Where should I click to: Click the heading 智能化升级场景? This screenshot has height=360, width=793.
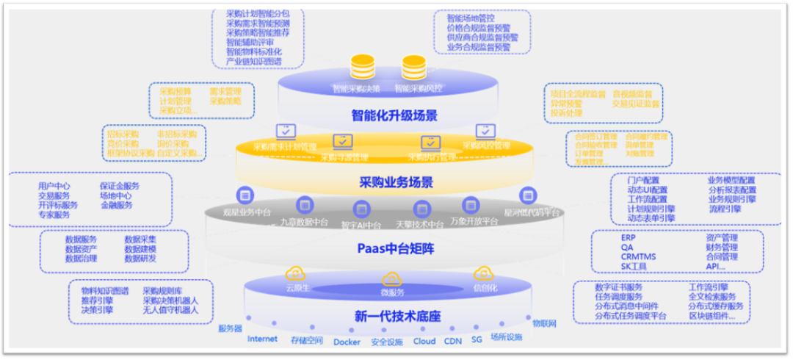tap(394, 115)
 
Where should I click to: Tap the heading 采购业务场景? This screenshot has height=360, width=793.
tap(395, 182)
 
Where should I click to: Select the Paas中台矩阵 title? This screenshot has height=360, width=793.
tap(395, 248)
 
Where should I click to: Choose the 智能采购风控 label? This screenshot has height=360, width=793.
tap(419, 89)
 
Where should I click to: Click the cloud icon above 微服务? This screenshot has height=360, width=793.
tap(391, 278)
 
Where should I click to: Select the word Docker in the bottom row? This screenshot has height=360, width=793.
tap(347, 342)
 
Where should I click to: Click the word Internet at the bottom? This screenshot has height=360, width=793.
tap(263, 339)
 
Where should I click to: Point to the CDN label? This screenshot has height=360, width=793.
tap(452, 341)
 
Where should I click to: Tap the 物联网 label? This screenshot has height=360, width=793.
tap(544, 323)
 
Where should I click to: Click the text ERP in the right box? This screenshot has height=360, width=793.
tap(628, 238)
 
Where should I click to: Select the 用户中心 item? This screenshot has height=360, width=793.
tap(54, 186)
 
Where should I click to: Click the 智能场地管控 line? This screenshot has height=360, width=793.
tap(471, 18)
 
